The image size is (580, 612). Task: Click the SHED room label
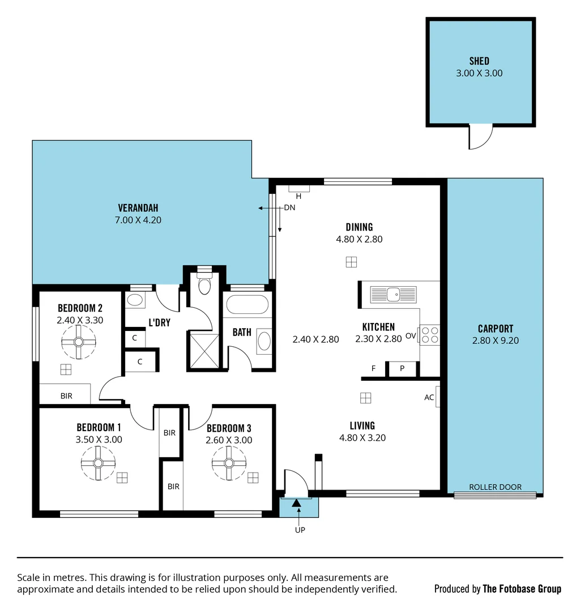(479, 61)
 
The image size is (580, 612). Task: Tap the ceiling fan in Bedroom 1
(98, 463)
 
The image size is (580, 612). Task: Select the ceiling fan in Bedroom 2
(78, 342)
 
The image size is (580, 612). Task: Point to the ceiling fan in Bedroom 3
(229, 463)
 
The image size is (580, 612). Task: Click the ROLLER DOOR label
(495, 487)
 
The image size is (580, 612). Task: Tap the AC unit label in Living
(429, 397)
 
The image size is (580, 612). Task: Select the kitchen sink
(393, 294)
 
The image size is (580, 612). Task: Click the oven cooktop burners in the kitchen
(430, 335)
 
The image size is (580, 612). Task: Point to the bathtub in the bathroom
(247, 305)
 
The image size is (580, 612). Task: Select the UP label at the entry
(300, 530)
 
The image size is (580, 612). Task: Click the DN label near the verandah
(289, 207)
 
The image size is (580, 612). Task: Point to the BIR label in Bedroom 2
(66, 396)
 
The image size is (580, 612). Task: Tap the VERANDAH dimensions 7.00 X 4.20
(138, 220)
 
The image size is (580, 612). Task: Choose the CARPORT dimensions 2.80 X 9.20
(495, 341)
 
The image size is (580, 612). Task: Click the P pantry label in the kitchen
(402, 368)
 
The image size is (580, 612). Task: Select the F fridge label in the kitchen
(373, 368)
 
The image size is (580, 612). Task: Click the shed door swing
(480, 137)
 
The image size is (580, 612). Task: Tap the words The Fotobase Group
(522, 589)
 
